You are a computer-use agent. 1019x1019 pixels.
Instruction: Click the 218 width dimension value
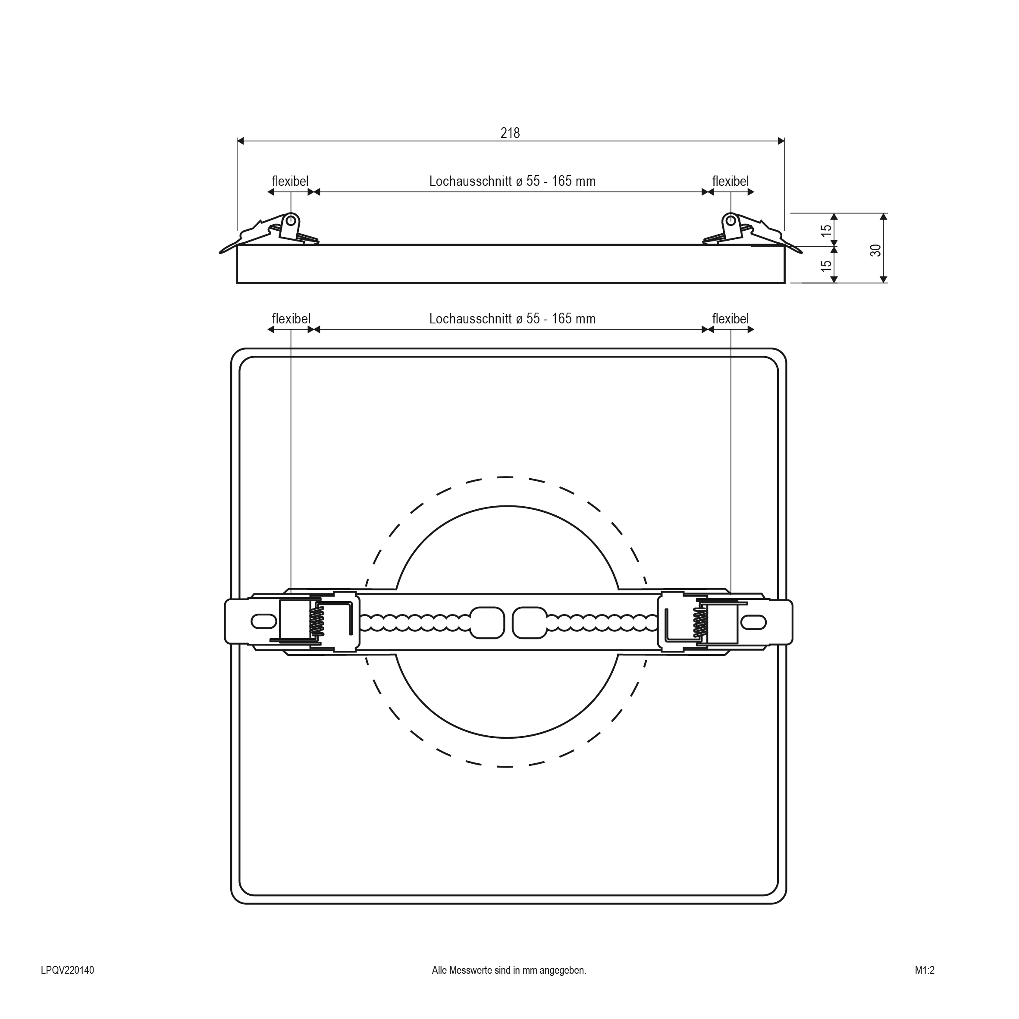[x=510, y=133]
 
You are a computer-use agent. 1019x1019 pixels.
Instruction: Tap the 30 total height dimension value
[x=875, y=250]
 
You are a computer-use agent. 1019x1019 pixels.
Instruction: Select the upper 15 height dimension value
[x=827, y=230]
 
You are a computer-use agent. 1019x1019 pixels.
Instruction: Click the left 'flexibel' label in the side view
[x=290, y=181]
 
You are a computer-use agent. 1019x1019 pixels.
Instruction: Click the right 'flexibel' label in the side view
[x=731, y=181]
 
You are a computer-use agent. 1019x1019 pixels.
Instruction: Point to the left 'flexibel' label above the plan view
[x=291, y=319]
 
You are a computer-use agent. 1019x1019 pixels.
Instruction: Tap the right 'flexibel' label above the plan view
[x=731, y=319]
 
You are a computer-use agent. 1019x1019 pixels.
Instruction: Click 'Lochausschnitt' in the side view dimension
[x=470, y=181]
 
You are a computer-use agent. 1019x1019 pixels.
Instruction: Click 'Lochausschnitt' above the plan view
[x=470, y=319]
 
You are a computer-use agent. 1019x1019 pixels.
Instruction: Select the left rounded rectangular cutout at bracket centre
[x=487, y=622]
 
